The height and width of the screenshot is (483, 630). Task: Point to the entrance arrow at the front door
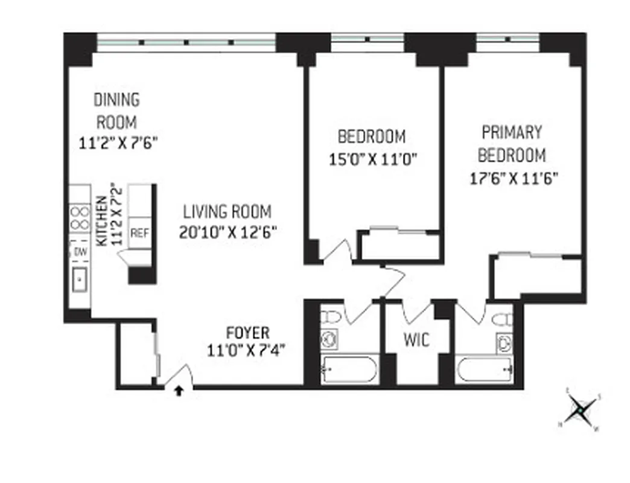[179, 391]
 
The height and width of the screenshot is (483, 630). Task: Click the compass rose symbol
[579, 410]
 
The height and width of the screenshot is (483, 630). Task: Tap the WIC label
[416, 340]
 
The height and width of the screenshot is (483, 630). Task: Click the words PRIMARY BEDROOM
[512, 144]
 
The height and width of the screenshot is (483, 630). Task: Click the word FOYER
[247, 333]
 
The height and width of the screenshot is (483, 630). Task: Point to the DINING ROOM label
[117, 110]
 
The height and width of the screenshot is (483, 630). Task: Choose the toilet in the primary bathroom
[501, 318]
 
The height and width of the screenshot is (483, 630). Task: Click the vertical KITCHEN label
[102, 220]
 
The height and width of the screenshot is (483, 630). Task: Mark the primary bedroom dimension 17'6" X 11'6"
[512, 179]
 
